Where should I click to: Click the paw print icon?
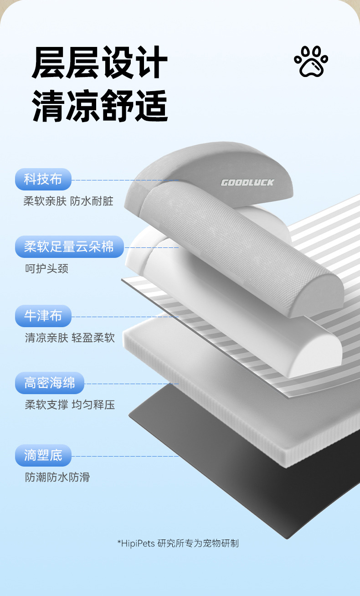click(x=311, y=62)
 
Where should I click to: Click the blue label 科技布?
click(x=43, y=179)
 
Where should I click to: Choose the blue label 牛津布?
click(x=43, y=316)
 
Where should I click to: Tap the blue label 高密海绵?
click(x=50, y=383)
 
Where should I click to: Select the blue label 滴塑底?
click(x=43, y=455)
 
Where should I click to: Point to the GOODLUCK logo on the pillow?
click(x=247, y=183)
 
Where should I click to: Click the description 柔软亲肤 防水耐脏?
click(x=68, y=201)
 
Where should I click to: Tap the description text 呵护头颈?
click(x=46, y=269)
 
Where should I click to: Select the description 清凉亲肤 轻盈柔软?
click(x=70, y=338)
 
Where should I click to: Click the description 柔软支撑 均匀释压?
click(x=70, y=405)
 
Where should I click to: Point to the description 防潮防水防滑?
click(x=57, y=477)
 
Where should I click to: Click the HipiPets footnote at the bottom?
click(x=178, y=543)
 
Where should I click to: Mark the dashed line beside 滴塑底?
click(x=125, y=456)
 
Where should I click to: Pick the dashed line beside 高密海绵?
click(x=132, y=384)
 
